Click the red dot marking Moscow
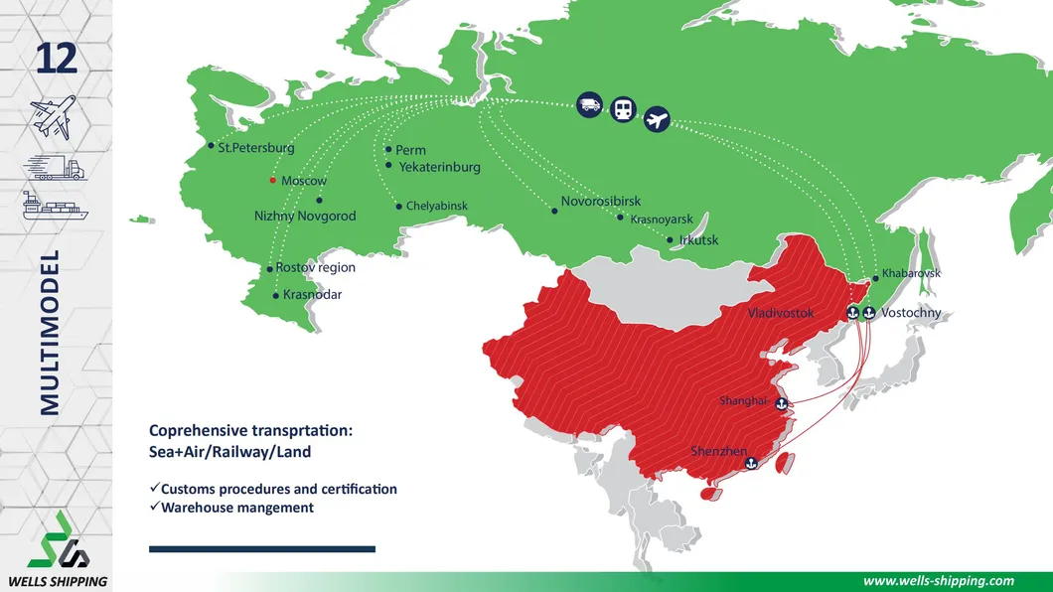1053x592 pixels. tap(273, 181)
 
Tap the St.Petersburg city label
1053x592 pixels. tap(256, 148)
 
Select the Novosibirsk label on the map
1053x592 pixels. tap(600, 202)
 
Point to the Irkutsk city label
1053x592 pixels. tap(698, 240)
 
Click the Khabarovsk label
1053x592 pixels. tap(911, 272)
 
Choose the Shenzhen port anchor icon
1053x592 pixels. tap(751, 462)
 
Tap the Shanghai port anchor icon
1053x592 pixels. tap(781, 403)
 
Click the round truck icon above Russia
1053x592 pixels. tap(589, 103)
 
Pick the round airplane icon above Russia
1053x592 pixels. tap(657, 120)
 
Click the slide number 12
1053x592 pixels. tap(56, 60)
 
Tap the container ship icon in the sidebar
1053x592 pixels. tap(56, 207)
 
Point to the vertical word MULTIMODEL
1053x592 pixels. tap(51, 332)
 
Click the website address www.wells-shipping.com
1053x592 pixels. tap(939, 581)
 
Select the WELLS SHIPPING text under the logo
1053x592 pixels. tap(57, 581)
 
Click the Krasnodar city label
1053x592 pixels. tap(312, 295)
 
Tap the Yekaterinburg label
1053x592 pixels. tap(439, 167)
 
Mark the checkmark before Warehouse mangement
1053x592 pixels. tap(154, 507)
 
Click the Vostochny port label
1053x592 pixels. tap(911, 313)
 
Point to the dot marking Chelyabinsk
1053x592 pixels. tap(399, 207)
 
